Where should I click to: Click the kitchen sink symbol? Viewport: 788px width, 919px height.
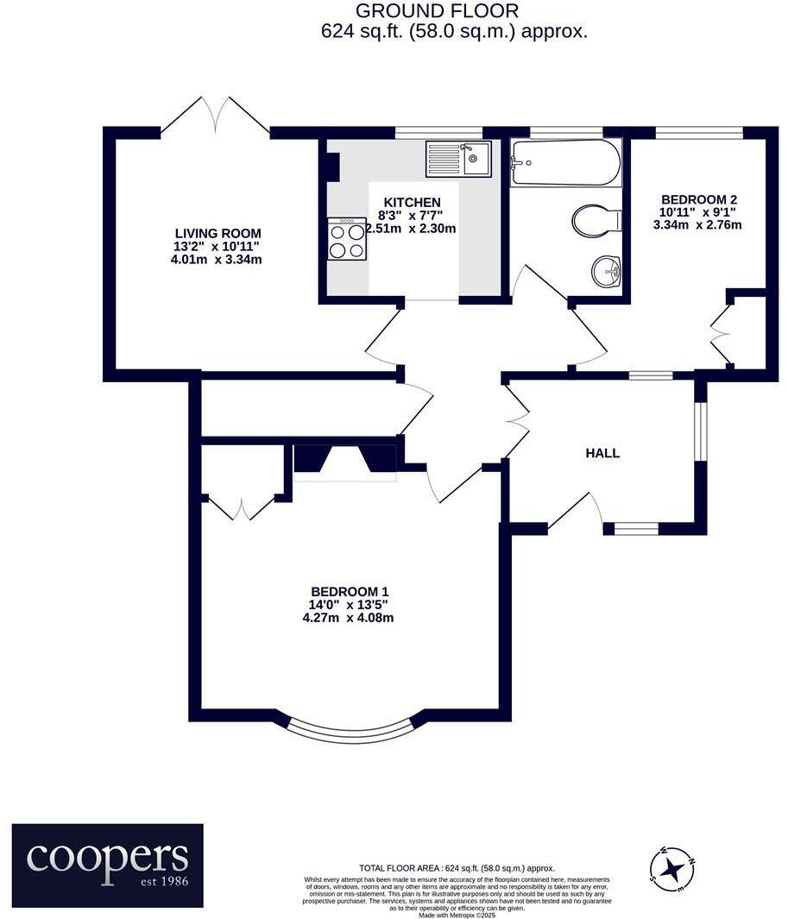[x=458, y=159]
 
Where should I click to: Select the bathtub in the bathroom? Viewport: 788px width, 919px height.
[x=565, y=162]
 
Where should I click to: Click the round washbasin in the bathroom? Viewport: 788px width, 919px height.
[x=607, y=272]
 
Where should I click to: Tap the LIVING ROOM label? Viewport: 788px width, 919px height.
[x=217, y=233]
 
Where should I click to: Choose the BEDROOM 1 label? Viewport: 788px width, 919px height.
[x=345, y=590]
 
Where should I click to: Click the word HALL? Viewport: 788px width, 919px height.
[x=602, y=453]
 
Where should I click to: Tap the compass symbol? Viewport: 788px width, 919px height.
[x=672, y=867]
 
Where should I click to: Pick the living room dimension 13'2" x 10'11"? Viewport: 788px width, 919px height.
[x=217, y=246]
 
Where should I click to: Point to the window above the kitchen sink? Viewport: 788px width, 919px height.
[x=438, y=132]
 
